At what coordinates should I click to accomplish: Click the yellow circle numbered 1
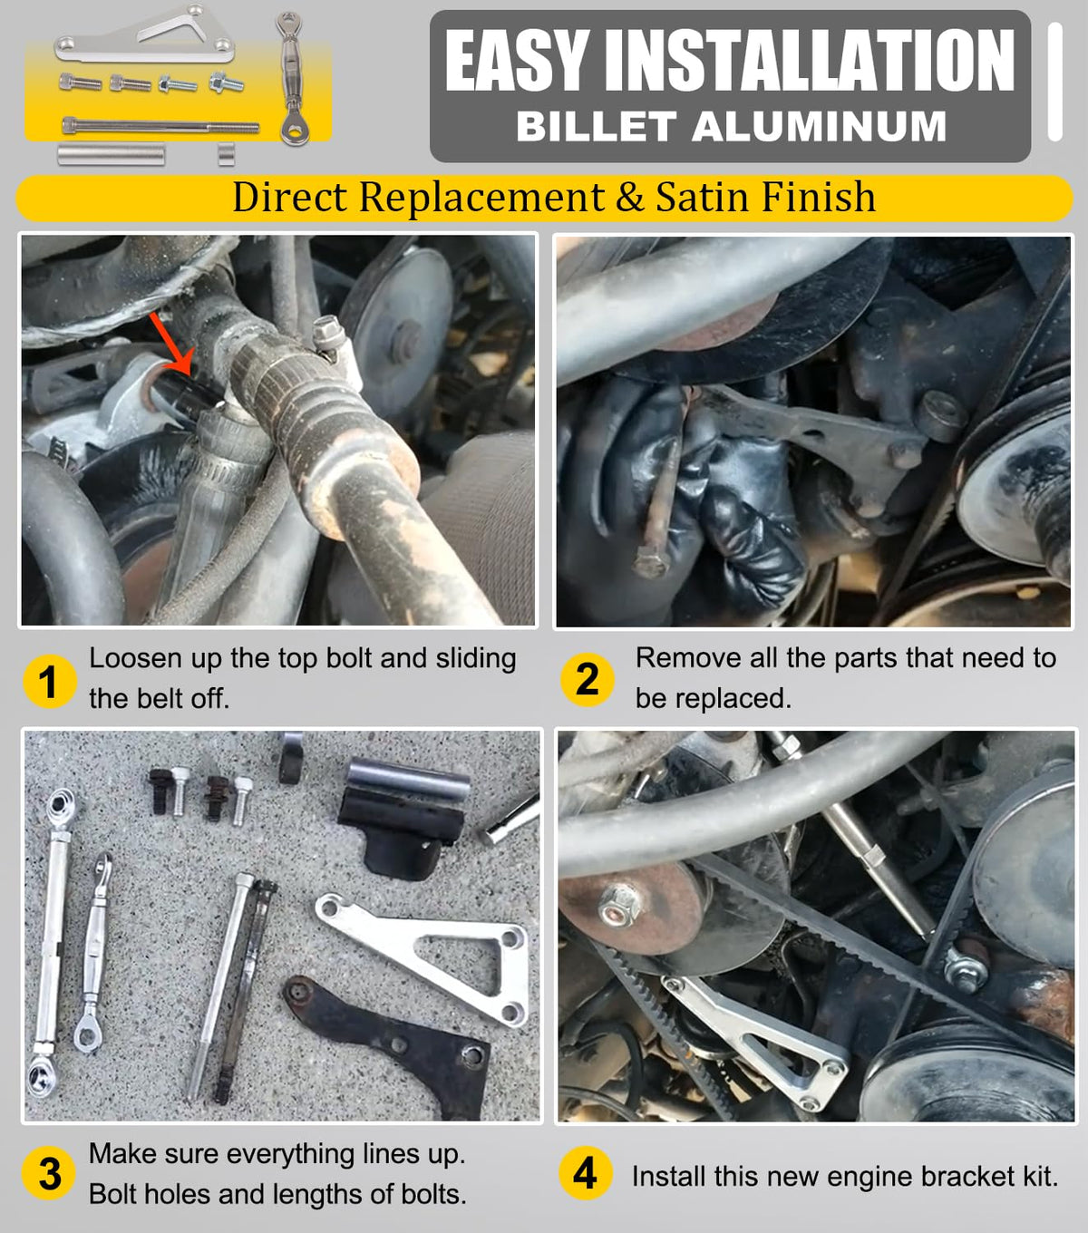pos(50,682)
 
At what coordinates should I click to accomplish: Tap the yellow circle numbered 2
pos(588,680)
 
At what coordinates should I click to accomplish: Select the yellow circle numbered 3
pos(49,1173)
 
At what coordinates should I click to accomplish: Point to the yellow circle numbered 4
pos(586,1173)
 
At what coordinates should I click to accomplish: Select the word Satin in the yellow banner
pos(703,197)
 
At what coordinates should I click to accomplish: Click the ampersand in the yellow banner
pos(629,197)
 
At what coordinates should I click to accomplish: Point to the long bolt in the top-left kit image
pos(160,127)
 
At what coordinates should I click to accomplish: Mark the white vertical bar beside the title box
pos(1055,83)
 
